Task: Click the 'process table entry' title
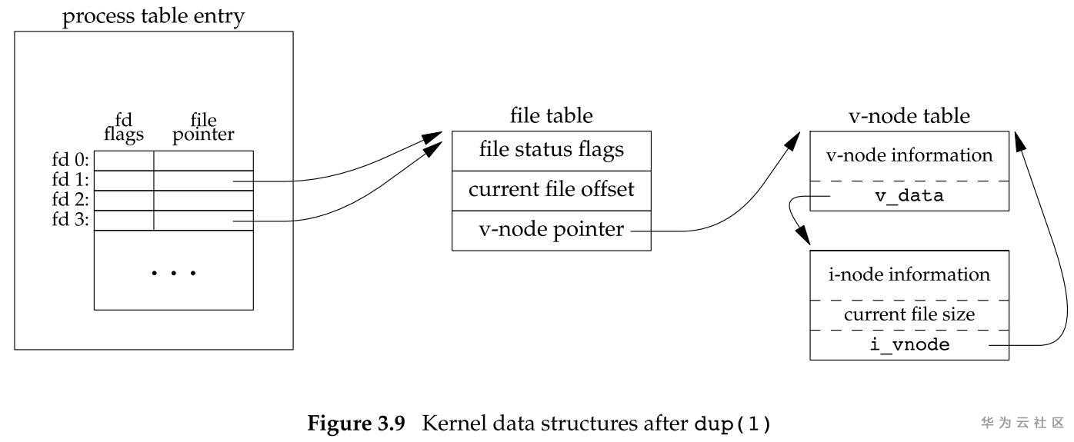pos(153,17)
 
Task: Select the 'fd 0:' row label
pos(71,161)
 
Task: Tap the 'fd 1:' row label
pos(71,181)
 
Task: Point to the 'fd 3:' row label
pos(71,221)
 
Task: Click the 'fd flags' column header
pos(124,128)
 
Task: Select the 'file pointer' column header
pos(204,128)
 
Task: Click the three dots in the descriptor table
pos(174,274)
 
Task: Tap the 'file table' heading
pos(552,116)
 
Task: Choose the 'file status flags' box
pos(551,149)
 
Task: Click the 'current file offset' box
pos(551,189)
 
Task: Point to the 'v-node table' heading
pos(909,116)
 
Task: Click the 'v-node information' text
pos(909,155)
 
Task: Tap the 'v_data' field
pos(909,196)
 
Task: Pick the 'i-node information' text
pos(909,274)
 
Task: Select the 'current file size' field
pos(909,314)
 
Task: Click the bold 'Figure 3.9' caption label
pos(356,423)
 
